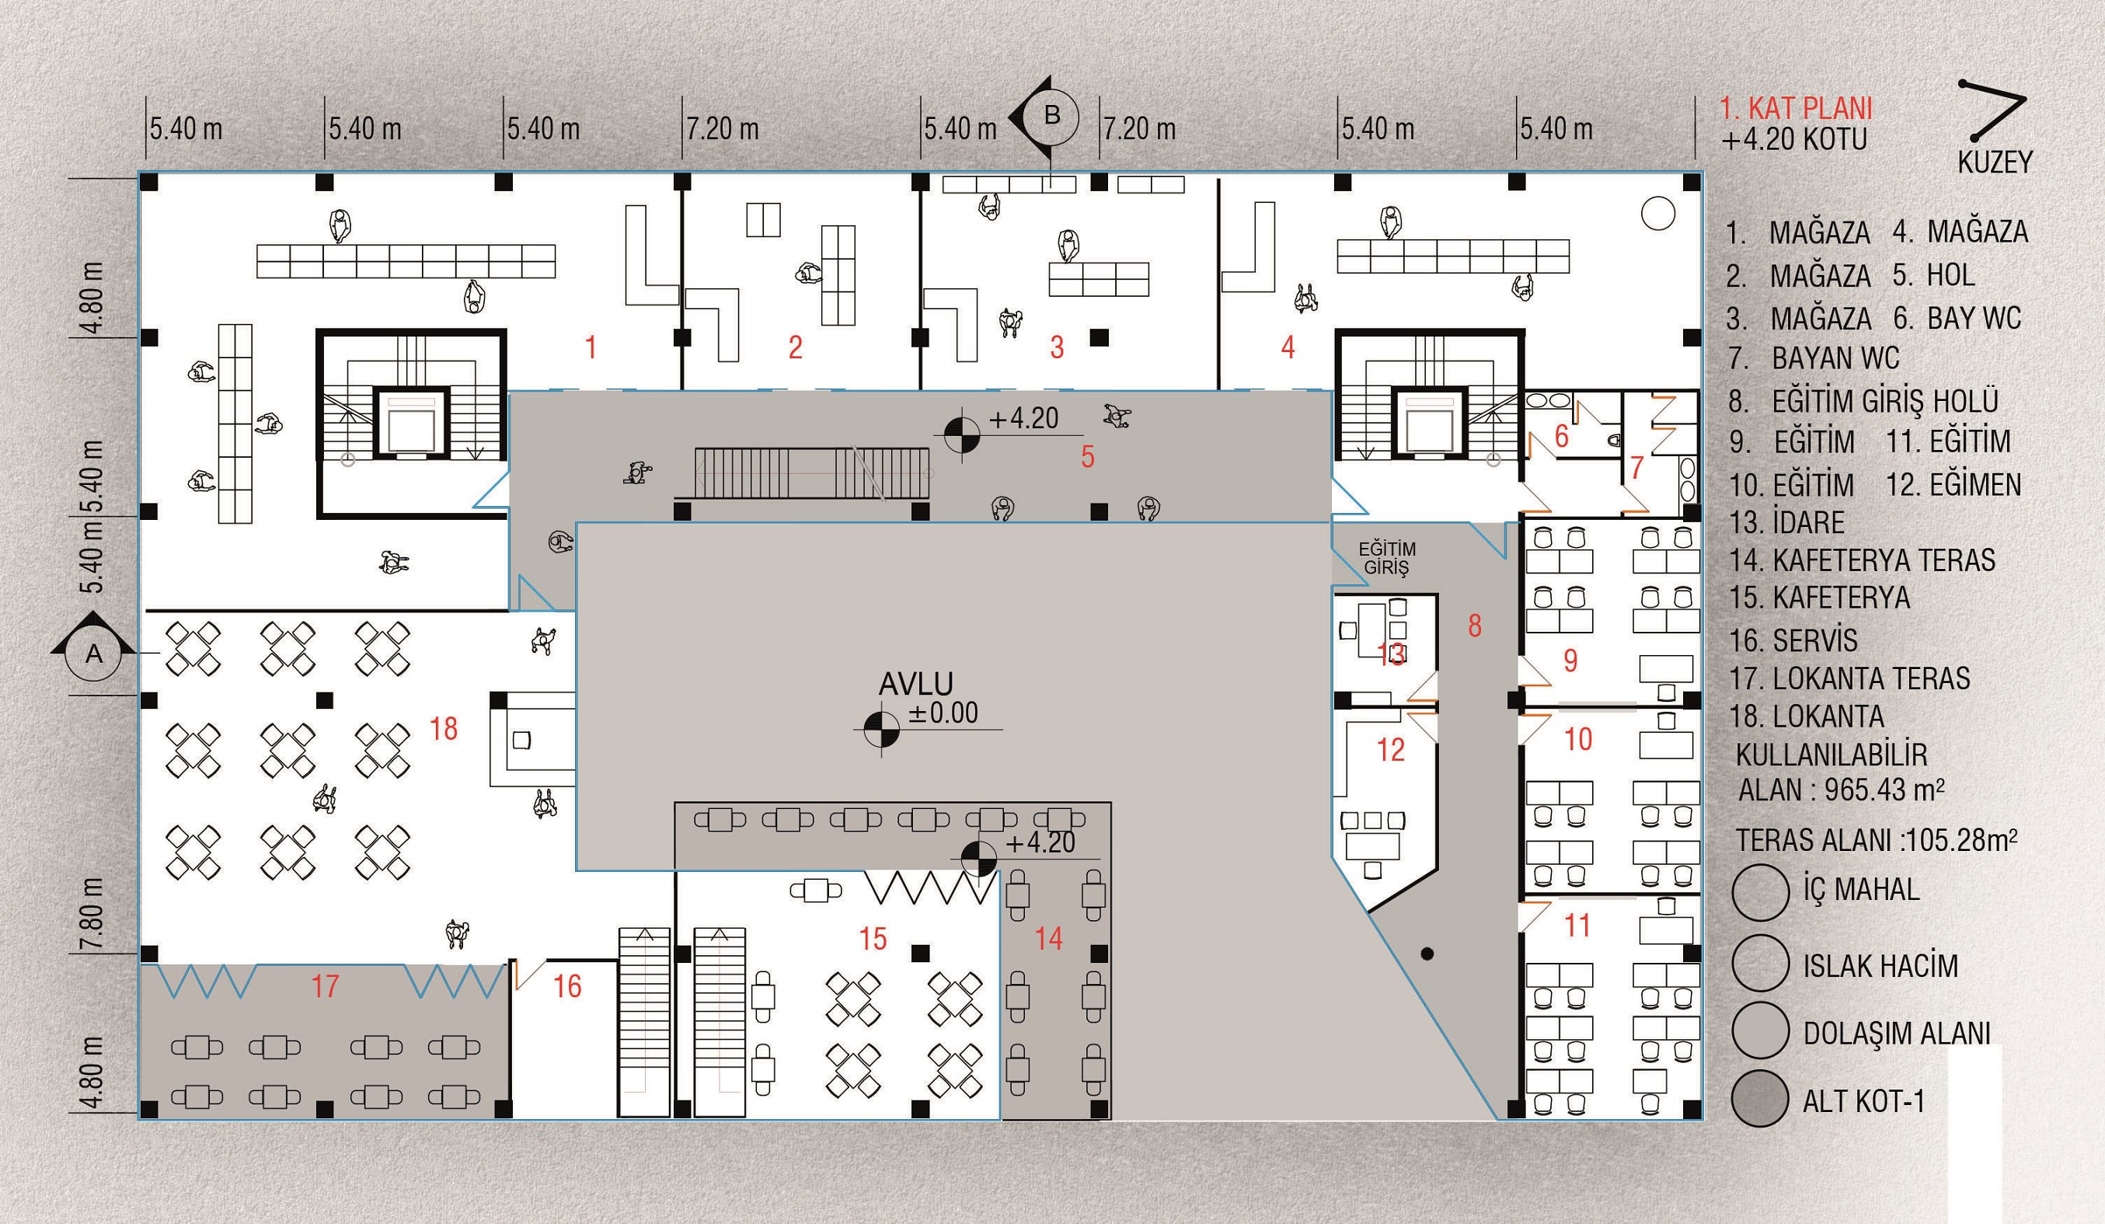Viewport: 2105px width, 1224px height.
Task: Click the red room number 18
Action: [444, 730]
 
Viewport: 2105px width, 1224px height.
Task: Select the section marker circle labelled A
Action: [93, 654]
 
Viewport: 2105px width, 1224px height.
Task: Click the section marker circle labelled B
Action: [1052, 115]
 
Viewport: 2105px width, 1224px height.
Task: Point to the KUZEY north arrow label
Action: [1995, 162]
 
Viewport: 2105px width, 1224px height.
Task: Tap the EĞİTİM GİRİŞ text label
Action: [1386, 558]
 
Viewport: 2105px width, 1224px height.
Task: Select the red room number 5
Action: [1088, 457]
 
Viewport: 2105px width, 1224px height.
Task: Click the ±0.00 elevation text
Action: [943, 713]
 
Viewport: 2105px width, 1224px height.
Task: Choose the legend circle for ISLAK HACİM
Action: [1760, 964]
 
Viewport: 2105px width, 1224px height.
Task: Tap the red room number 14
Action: [1048, 938]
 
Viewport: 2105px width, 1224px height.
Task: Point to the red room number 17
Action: [325, 987]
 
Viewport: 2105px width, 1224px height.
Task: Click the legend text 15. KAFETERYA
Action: [1819, 598]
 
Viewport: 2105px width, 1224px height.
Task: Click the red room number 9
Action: [1570, 661]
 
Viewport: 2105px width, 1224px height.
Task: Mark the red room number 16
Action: [567, 987]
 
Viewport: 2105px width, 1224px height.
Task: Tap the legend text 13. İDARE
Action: [1786, 523]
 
